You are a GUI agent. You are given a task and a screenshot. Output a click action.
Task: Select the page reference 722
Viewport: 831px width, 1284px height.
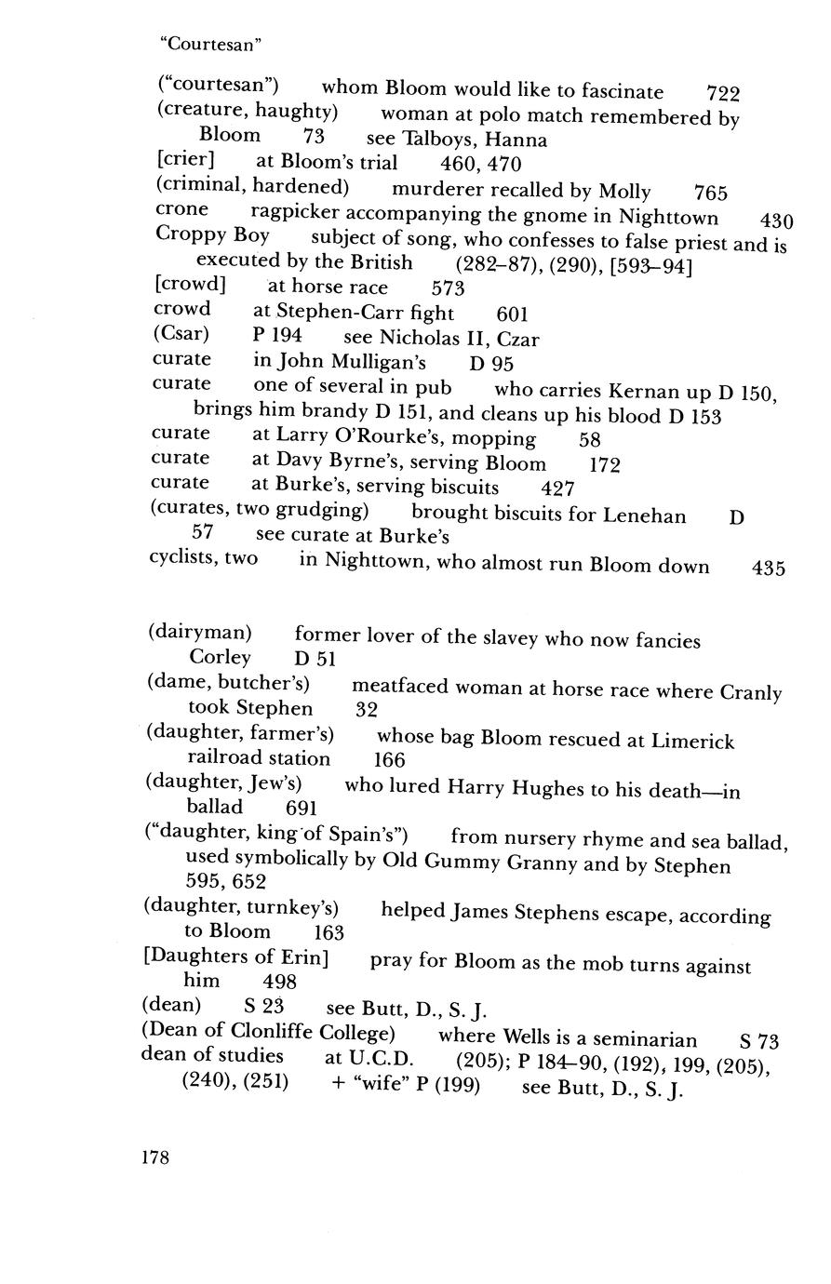pyautogui.click(x=723, y=93)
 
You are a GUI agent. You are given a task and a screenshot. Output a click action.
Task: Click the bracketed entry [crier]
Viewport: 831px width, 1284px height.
pyautogui.click(x=186, y=161)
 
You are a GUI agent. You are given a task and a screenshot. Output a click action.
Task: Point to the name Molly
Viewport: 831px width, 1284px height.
pyautogui.click(x=624, y=192)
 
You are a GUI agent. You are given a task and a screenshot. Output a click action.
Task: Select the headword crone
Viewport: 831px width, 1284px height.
pyautogui.click(x=181, y=210)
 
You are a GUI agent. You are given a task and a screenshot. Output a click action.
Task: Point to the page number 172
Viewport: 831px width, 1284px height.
pyautogui.click(x=605, y=463)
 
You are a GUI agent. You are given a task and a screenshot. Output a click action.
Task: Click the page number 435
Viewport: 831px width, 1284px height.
pyautogui.click(x=769, y=568)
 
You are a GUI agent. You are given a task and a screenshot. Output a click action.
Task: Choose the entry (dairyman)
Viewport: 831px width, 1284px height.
pyautogui.click(x=200, y=634)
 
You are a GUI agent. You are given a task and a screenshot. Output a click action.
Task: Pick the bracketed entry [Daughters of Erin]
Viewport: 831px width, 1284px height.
pyautogui.click(x=236, y=958)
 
